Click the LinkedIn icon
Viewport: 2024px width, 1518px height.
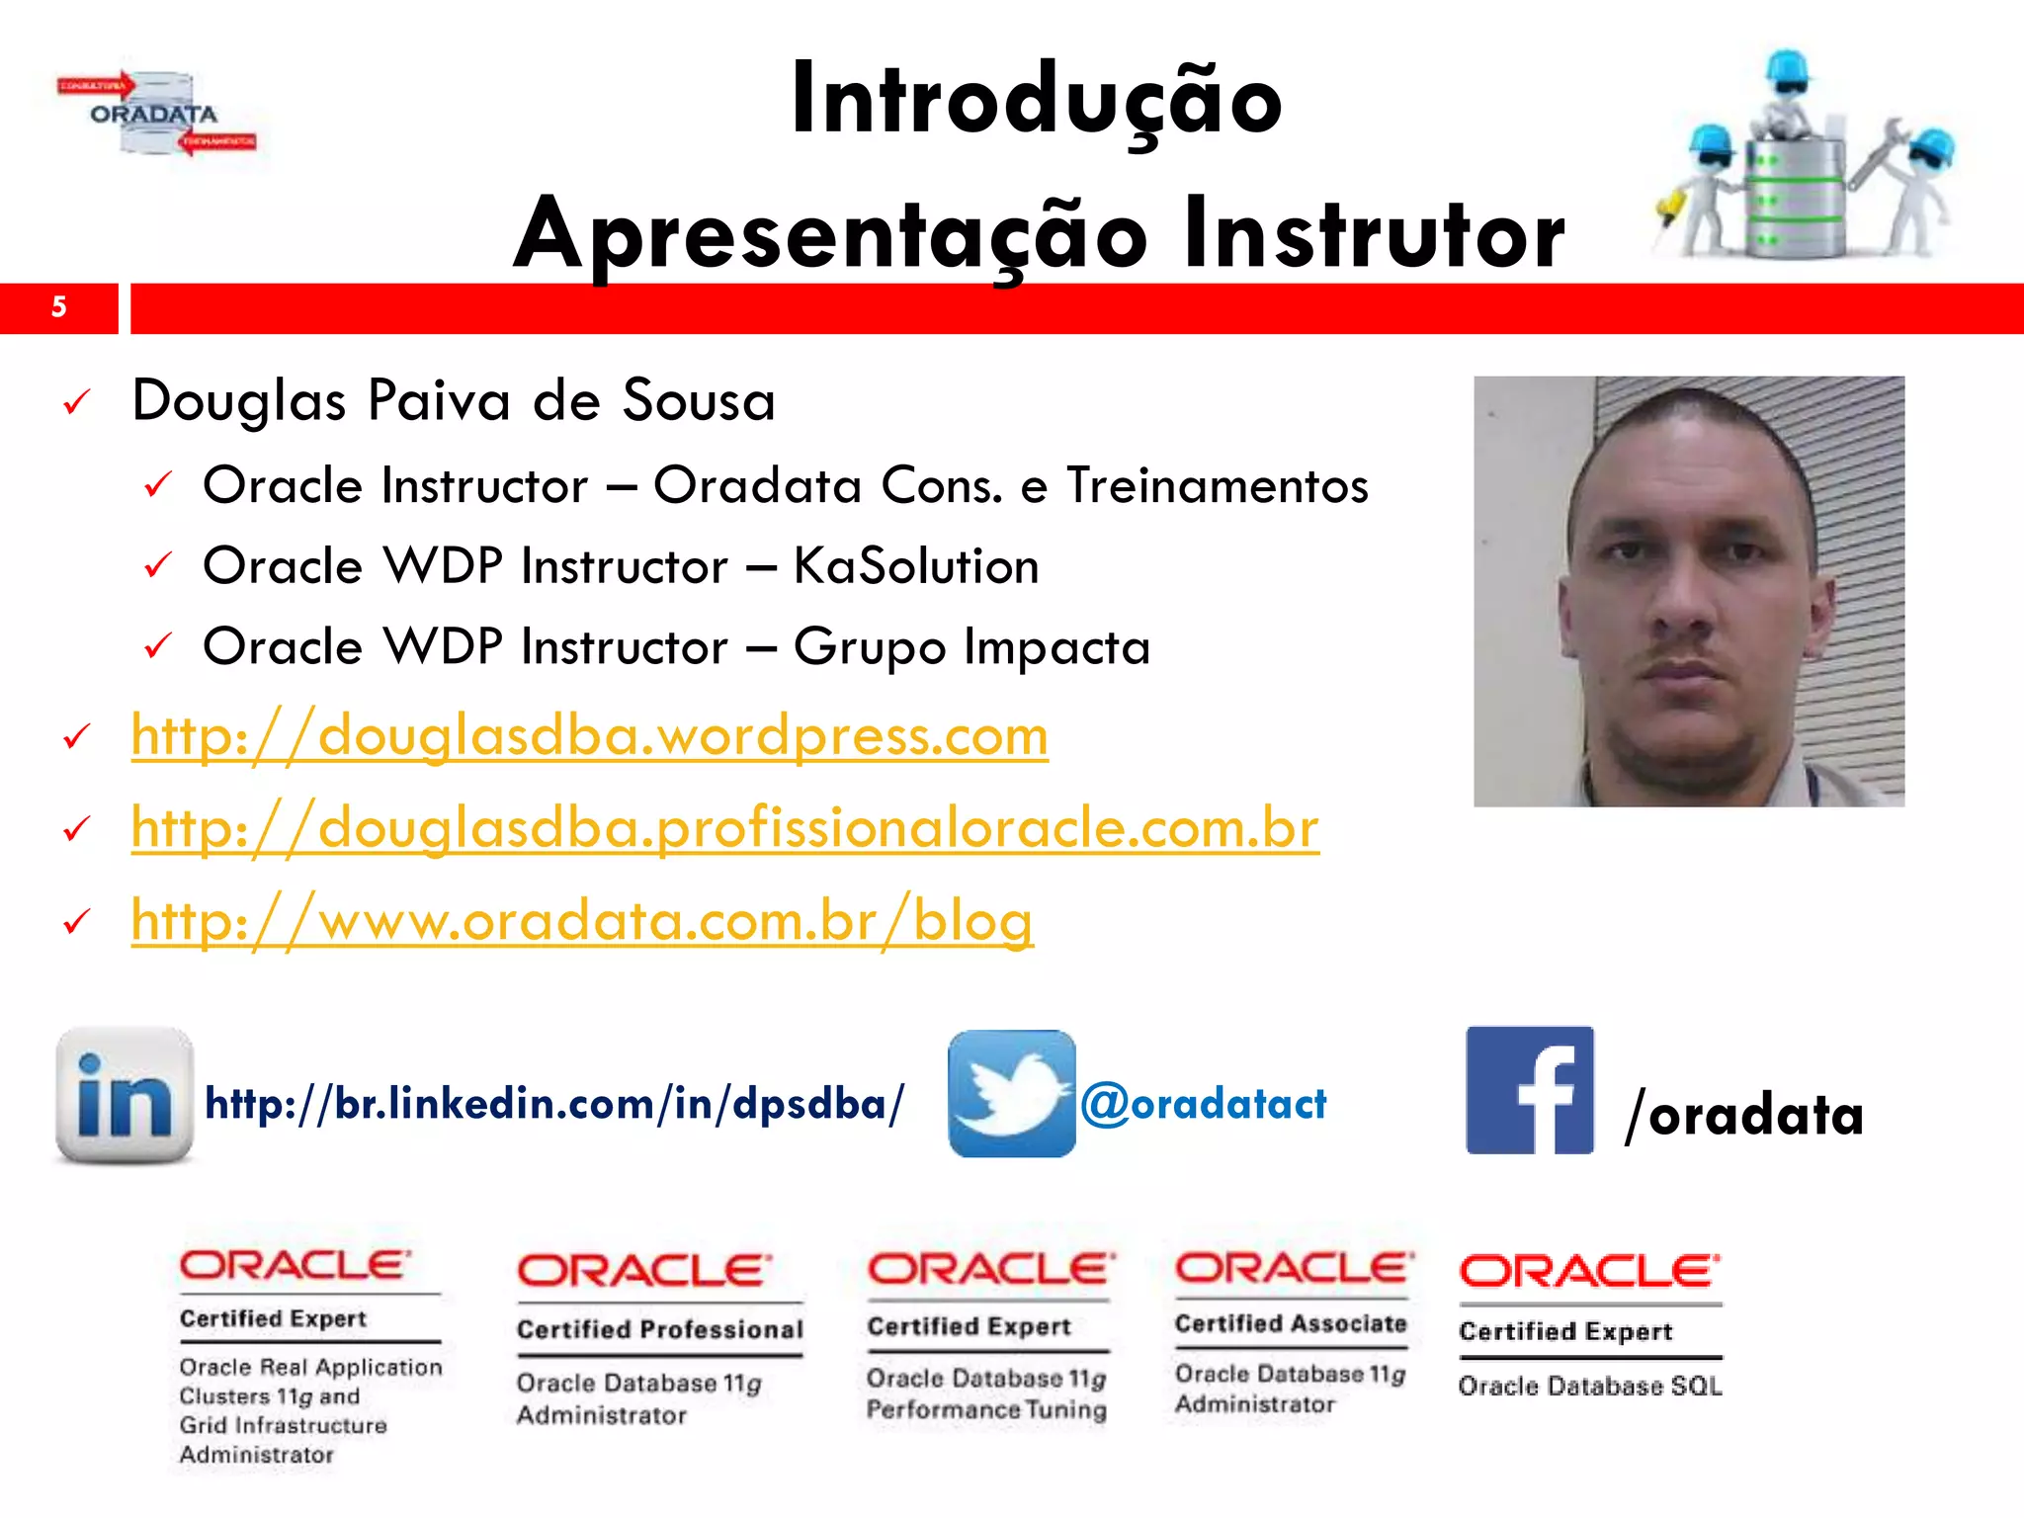click(x=125, y=1095)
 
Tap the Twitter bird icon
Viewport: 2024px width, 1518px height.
click(x=1011, y=1094)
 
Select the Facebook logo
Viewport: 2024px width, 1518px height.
click(x=1529, y=1090)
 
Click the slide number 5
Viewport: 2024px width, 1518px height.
click(x=58, y=307)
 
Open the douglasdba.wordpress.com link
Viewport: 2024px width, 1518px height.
click(x=589, y=736)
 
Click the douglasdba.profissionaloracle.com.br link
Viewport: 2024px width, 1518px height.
click(x=724, y=828)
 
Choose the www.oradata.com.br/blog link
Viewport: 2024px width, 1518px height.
click(x=582, y=921)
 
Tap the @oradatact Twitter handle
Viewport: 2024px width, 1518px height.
click(x=1203, y=1104)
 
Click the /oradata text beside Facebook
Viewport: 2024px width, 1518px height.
click(x=1743, y=1116)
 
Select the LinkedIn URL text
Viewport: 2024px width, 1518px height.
click(x=553, y=1104)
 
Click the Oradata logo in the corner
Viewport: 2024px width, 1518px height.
click(x=156, y=114)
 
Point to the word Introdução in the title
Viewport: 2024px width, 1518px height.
click(x=1036, y=101)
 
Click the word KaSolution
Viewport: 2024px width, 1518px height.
click(x=916, y=566)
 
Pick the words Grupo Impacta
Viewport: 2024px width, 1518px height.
click(x=971, y=647)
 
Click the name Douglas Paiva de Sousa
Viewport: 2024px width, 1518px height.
click(x=454, y=401)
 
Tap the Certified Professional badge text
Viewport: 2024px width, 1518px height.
click(x=659, y=1329)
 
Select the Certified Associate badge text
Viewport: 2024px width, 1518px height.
click(x=1290, y=1323)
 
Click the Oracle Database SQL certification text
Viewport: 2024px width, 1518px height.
click(x=1589, y=1387)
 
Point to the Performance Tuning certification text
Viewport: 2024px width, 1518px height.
click(x=985, y=1409)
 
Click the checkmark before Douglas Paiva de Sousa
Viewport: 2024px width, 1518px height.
click(x=76, y=402)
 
